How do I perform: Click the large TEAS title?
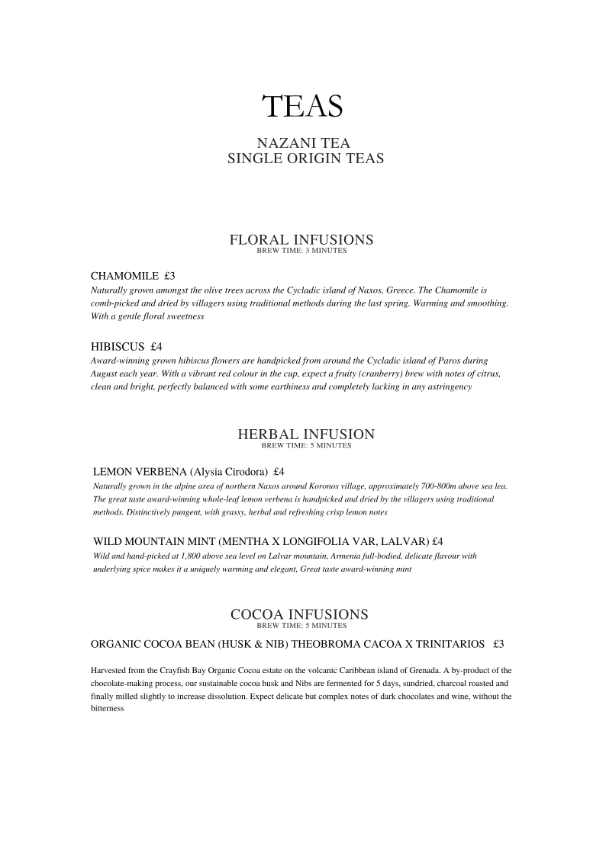click(302, 107)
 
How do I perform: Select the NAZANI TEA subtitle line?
click(303, 143)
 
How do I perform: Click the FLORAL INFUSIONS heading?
click(301, 239)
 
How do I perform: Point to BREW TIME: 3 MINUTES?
click(301, 251)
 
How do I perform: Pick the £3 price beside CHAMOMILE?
click(169, 275)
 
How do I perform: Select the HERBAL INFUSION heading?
click(306, 434)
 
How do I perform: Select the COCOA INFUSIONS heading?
click(299, 614)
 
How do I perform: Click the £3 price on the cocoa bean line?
click(498, 644)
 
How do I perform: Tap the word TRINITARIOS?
click(446, 644)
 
